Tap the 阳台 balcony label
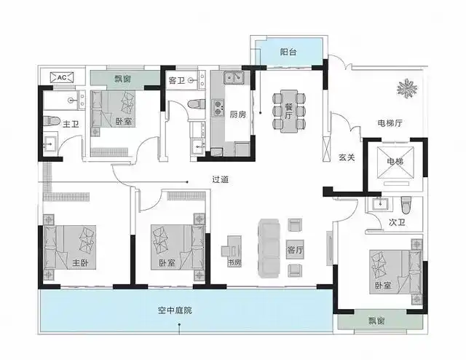tap(288, 52)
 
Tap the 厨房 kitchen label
tap(237, 114)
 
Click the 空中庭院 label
tap(176, 311)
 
